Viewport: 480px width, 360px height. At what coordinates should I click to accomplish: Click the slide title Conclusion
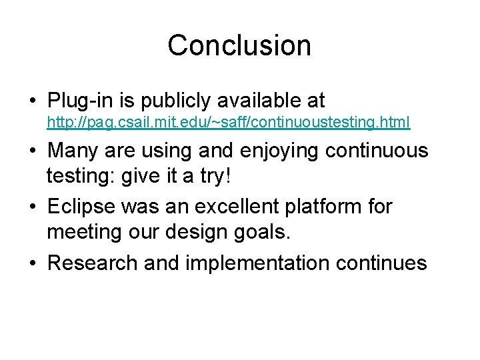point(239,45)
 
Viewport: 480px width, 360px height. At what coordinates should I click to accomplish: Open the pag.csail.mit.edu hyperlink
point(228,123)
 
